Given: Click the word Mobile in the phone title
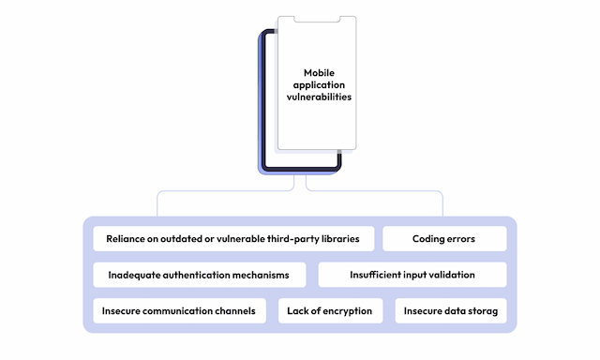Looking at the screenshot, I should click(x=319, y=72).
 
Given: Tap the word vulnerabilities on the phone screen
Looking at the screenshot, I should click(x=319, y=97).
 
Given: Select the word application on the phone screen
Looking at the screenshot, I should click(x=319, y=84).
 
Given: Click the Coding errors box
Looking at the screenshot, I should click(x=444, y=239).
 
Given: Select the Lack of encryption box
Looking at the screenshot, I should click(x=330, y=311).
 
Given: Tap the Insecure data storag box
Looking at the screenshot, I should click(x=450, y=311).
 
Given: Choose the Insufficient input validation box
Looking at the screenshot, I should click(x=412, y=275).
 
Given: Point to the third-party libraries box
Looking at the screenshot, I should click(x=233, y=239).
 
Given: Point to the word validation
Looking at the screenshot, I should click(x=448, y=275).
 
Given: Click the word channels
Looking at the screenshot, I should click(x=232, y=311).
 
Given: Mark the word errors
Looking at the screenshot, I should click(x=460, y=239).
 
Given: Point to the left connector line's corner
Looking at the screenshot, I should click(x=159, y=193).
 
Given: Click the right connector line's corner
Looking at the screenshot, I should click(x=441, y=193).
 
